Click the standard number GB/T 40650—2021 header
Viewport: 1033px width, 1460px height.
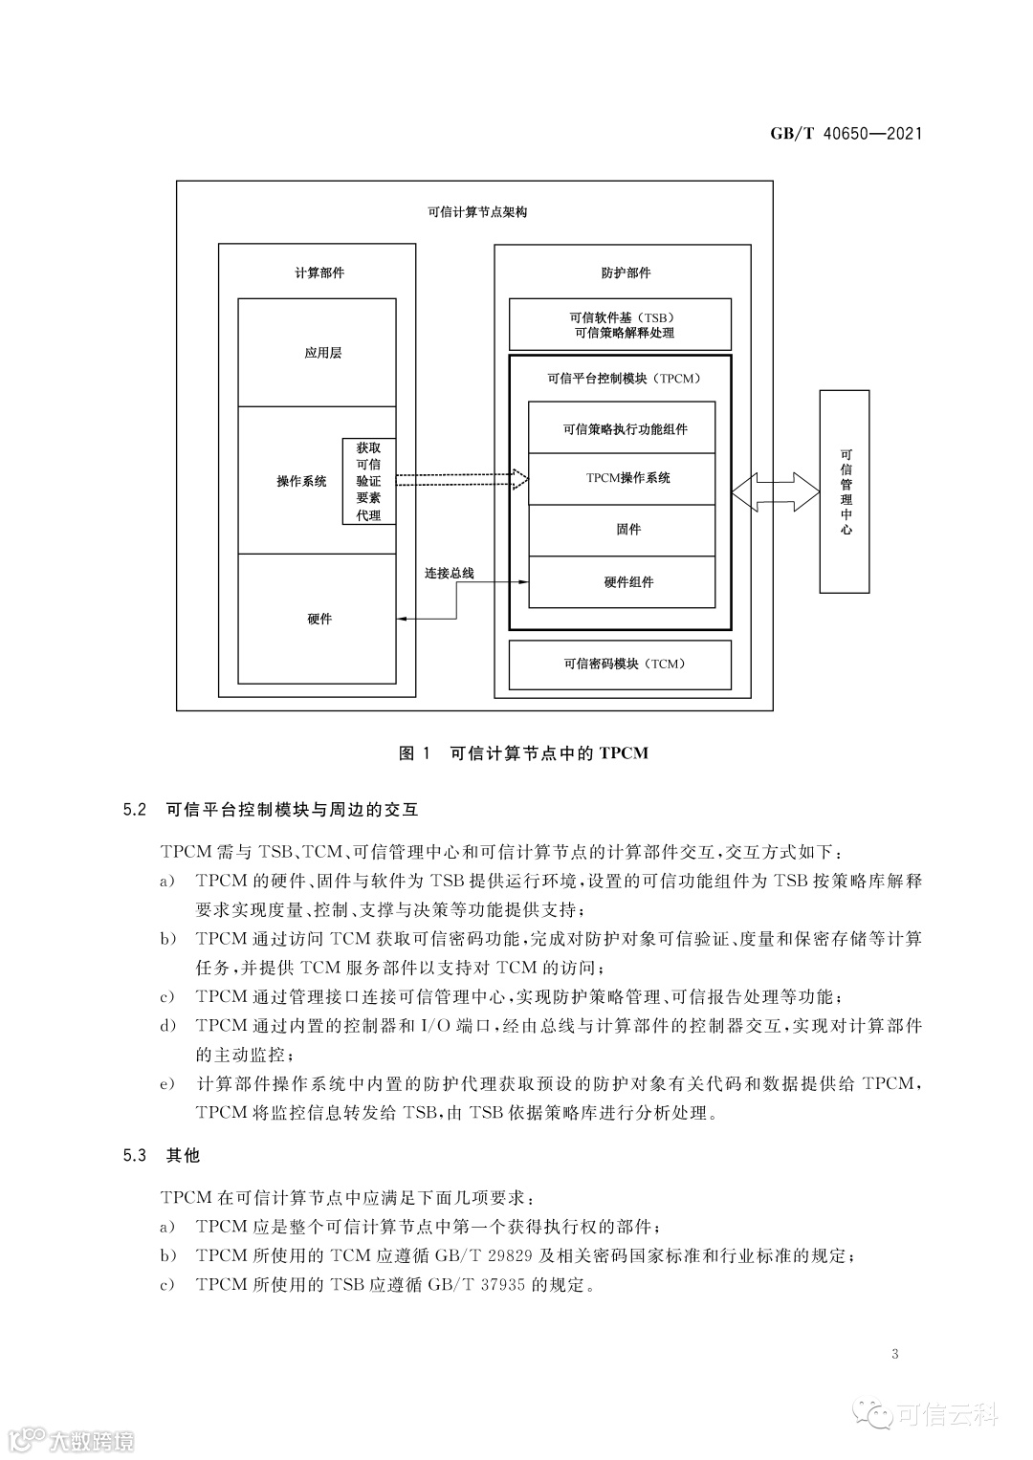[x=846, y=134]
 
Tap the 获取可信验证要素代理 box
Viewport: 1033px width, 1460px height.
[x=368, y=481]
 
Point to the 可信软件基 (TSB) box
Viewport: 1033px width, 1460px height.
[x=620, y=325]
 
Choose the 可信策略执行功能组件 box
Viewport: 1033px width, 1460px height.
[x=623, y=429]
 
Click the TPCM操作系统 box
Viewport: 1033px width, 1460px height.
[x=623, y=478]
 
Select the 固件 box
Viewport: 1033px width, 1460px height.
[x=623, y=530]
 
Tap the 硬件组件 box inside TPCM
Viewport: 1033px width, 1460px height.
[x=623, y=581]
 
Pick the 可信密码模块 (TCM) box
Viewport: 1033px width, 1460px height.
[x=620, y=665]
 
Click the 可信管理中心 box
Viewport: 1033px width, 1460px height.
[x=846, y=492]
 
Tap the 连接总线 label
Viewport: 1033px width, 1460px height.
[x=450, y=574]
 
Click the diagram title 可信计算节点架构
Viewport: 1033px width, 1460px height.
[x=475, y=212]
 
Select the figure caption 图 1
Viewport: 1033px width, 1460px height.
[x=417, y=753]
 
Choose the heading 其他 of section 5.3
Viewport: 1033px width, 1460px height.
[x=184, y=1155]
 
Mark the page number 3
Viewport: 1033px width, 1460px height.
[x=894, y=1354]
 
